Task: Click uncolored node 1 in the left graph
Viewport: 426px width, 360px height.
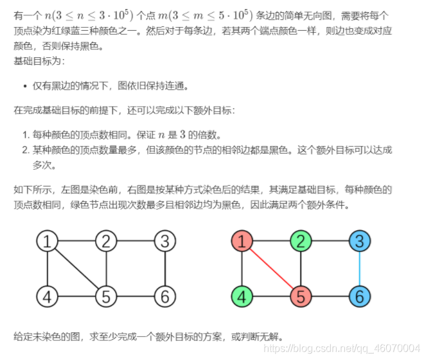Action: [x=47, y=242]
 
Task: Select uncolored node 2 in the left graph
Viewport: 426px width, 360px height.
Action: [x=106, y=242]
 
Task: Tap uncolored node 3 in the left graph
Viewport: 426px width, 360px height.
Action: [x=165, y=242]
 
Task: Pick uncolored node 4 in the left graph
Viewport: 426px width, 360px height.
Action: [x=47, y=297]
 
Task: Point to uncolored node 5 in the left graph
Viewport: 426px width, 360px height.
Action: [x=106, y=297]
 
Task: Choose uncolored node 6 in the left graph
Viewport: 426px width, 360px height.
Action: [x=165, y=297]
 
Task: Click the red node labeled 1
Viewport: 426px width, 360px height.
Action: [x=242, y=242]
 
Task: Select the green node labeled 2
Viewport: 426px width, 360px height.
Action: [x=301, y=242]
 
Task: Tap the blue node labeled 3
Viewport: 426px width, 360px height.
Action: [x=360, y=242]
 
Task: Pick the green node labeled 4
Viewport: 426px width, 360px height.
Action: [x=242, y=297]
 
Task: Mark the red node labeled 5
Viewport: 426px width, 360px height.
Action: [x=301, y=297]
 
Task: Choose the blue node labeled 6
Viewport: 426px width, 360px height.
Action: [x=360, y=297]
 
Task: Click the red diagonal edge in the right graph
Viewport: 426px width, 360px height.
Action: [x=271, y=269]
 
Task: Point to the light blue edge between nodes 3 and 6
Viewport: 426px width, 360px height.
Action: [x=360, y=269]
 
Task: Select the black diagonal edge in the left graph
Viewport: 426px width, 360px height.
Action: [x=76, y=269]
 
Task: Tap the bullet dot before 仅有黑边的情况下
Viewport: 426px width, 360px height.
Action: [x=24, y=85]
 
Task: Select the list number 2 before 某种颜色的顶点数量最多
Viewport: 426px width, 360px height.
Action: [x=24, y=150]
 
